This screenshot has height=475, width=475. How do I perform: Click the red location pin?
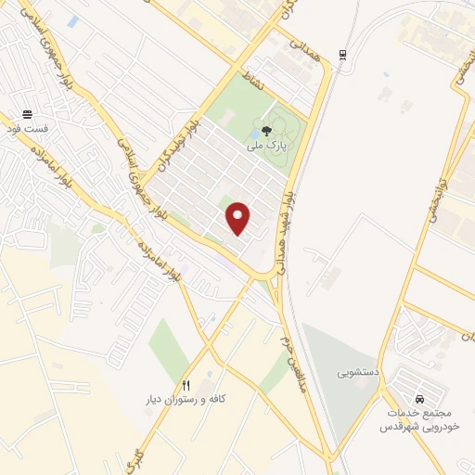tap(239, 219)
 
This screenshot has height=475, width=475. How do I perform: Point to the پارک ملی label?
tap(267, 145)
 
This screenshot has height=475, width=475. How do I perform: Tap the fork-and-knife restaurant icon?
tap(185, 384)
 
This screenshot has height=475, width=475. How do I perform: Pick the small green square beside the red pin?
tap(223, 201)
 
